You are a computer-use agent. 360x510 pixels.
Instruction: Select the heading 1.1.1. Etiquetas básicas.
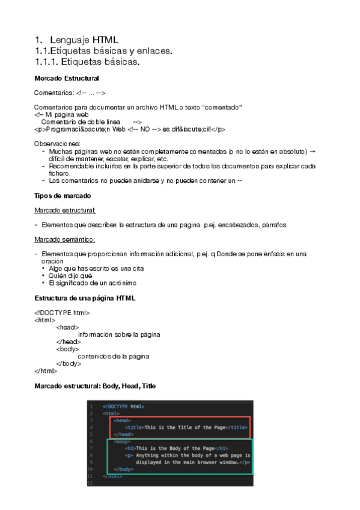point(87,61)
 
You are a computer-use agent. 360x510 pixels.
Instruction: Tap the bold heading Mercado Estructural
point(67,79)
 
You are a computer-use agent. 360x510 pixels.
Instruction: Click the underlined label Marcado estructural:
point(66,210)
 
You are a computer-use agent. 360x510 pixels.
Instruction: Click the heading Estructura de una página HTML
point(85,298)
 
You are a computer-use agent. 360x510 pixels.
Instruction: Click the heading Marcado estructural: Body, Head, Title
point(95,386)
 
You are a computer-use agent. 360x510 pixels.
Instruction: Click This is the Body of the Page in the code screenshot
point(175,448)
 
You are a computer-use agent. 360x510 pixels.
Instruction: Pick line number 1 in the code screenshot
point(91,407)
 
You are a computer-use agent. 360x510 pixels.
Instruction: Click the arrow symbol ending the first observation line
point(313,151)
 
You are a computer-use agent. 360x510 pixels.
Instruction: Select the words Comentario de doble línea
point(80,121)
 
